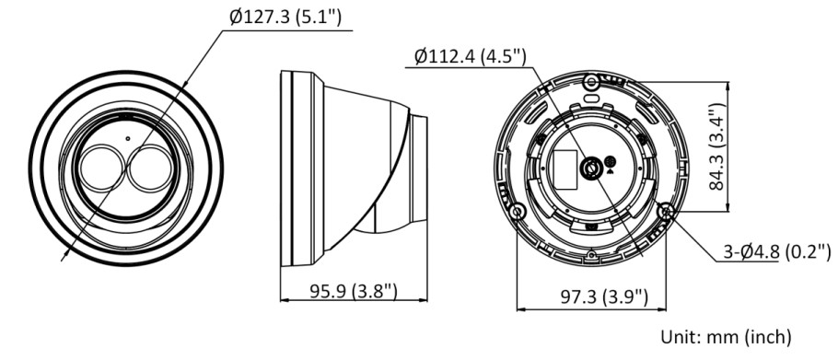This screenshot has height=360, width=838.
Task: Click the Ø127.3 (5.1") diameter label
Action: (285, 17)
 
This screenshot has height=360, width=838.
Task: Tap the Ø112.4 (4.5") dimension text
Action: (471, 56)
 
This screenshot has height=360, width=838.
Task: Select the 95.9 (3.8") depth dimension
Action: (354, 292)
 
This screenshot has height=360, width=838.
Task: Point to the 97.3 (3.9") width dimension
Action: (604, 297)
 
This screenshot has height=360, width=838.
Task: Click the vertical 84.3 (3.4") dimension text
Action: (716, 148)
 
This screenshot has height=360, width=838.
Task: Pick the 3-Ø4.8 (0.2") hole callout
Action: (777, 251)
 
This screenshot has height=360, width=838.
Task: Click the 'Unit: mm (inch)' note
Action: (726, 337)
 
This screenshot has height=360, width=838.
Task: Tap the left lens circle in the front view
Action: (101, 168)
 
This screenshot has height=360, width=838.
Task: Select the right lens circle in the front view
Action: (150, 168)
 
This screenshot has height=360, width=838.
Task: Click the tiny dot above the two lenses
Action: (127, 139)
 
